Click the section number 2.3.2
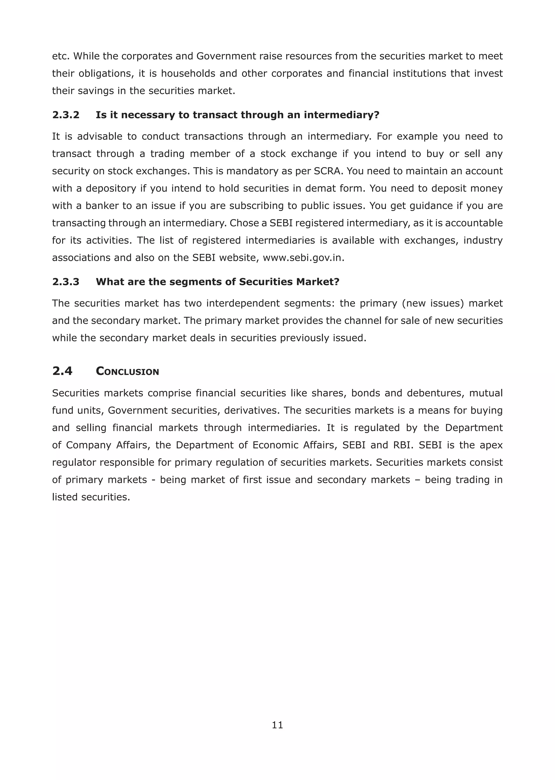[x=66, y=115]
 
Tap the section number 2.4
[x=62, y=371]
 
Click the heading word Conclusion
[x=127, y=371]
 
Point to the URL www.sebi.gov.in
[x=303, y=258]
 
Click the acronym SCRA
[x=328, y=171]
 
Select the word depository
[x=111, y=188]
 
